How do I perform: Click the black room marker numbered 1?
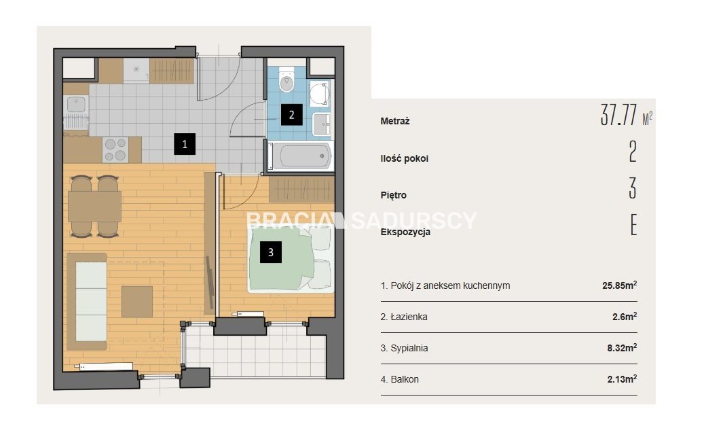185,144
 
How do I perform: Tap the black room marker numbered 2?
291,114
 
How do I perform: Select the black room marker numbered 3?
271,252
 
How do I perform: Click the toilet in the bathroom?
286,80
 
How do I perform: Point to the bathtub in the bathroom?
301,156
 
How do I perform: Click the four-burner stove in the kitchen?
115,150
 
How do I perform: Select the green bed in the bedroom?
291,258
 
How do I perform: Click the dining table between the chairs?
94,206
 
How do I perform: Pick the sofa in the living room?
87,302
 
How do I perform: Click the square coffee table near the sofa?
137,302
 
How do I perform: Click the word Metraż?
395,121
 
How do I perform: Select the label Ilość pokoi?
405,158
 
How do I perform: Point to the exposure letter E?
633,225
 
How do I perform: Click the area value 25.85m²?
620,285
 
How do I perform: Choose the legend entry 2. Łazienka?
404,317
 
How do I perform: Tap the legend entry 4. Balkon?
400,379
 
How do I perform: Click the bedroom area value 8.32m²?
622,348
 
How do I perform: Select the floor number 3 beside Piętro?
633,188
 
